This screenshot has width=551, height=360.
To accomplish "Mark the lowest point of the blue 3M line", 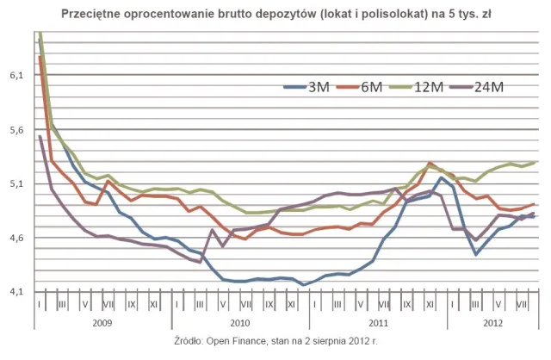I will tap(303, 284).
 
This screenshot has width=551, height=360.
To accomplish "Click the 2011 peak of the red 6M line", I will tap(430, 163).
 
